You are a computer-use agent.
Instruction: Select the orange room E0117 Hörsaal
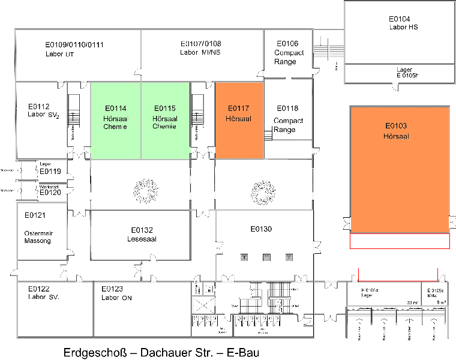click(x=239, y=120)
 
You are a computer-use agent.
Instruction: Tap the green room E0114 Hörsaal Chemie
click(x=115, y=120)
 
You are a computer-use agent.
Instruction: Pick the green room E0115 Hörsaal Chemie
click(x=164, y=120)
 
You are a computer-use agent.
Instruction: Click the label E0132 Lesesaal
click(x=142, y=234)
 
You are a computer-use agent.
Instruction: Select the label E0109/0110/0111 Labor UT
click(x=75, y=49)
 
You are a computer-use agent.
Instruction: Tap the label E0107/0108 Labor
click(x=200, y=48)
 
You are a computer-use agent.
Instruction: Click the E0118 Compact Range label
click(x=287, y=119)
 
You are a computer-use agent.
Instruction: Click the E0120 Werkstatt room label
click(x=50, y=191)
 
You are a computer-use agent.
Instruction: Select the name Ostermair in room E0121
click(x=38, y=233)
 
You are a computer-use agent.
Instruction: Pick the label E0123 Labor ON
click(x=116, y=292)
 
